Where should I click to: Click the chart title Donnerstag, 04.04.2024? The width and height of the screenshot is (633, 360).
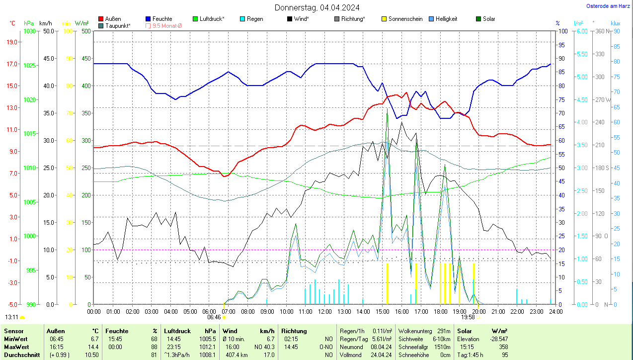click(317, 7)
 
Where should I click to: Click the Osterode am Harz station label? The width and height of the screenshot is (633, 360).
click(608, 6)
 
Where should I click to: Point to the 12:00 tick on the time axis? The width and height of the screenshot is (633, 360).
click(325, 312)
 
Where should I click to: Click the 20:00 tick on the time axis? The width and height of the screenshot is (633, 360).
click(478, 312)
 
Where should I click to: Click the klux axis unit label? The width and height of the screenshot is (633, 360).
click(616, 23)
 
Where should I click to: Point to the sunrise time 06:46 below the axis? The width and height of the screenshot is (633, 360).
click(214, 317)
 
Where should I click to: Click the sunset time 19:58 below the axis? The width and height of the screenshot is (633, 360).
click(468, 317)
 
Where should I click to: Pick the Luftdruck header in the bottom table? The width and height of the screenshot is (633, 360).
click(177, 331)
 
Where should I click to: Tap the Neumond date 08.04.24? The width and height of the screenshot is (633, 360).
click(381, 347)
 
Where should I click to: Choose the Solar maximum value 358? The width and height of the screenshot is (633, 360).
click(503, 347)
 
